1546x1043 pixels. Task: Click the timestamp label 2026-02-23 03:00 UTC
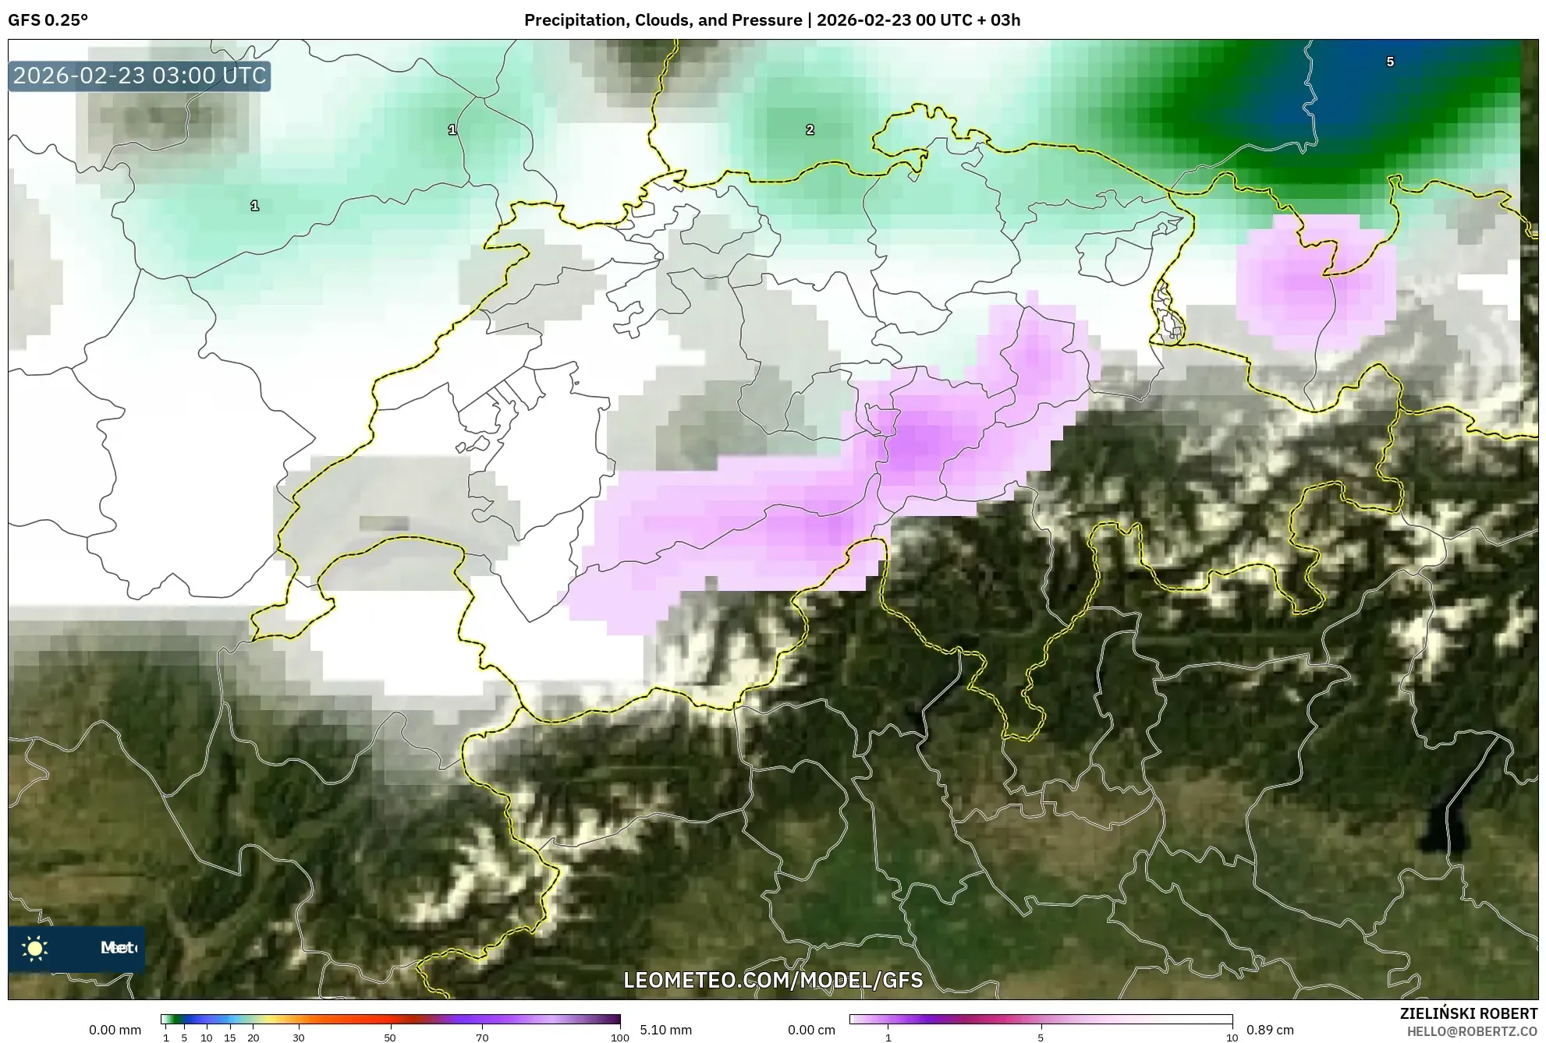140,76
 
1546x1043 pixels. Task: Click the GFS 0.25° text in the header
48,20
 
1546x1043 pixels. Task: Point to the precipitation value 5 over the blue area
1389,62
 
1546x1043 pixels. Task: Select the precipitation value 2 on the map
810,130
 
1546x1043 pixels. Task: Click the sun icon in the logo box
35,948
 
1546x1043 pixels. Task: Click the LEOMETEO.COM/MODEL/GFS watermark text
773,980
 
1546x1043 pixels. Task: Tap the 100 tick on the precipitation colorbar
619,1037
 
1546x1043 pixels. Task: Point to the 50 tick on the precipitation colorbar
390,1037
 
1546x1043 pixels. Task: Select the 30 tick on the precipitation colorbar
298,1037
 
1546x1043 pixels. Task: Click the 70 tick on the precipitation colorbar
482,1037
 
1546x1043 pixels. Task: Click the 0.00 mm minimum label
115,1030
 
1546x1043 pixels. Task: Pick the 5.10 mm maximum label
665,1030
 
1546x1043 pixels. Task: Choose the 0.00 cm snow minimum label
811,1030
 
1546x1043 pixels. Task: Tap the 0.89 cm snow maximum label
1270,1030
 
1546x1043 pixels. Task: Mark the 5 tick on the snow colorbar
1041,1037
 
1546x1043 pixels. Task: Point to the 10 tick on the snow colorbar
1232,1037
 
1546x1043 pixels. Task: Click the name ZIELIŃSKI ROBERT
1469,1013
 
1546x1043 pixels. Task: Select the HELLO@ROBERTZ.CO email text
1472,1031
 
